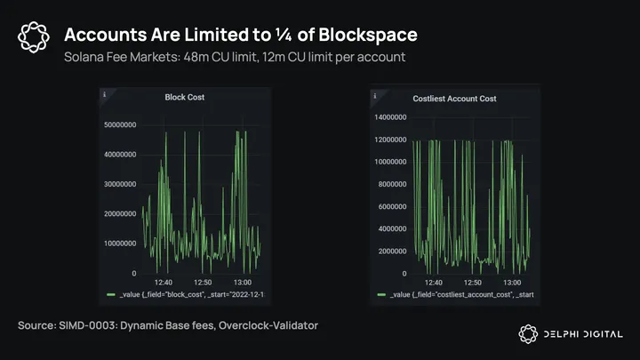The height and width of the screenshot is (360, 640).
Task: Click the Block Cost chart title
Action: pos(185,97)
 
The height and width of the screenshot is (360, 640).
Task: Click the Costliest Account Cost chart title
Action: pos(455,97)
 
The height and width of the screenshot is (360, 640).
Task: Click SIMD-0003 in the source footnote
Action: pos(93,326)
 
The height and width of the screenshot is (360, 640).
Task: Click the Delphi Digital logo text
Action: pos(583,333)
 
